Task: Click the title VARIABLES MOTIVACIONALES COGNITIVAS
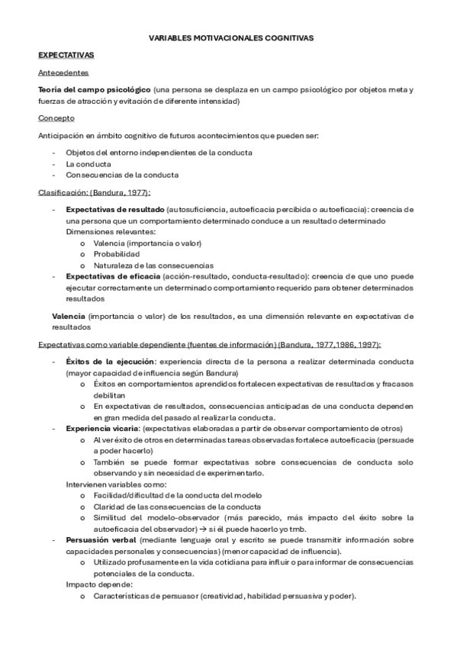tap(229, 36)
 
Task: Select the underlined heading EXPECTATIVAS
tap(66, 55)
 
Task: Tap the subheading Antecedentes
tap(63, 73)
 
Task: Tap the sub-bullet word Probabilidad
tap(116, 253)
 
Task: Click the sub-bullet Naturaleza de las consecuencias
tap(143, 265)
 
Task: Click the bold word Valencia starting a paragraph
tap(68, 315)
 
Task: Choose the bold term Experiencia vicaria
tap(98, 428)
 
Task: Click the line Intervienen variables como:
tap(114, 484)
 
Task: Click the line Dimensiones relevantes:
tap(111, 230)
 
